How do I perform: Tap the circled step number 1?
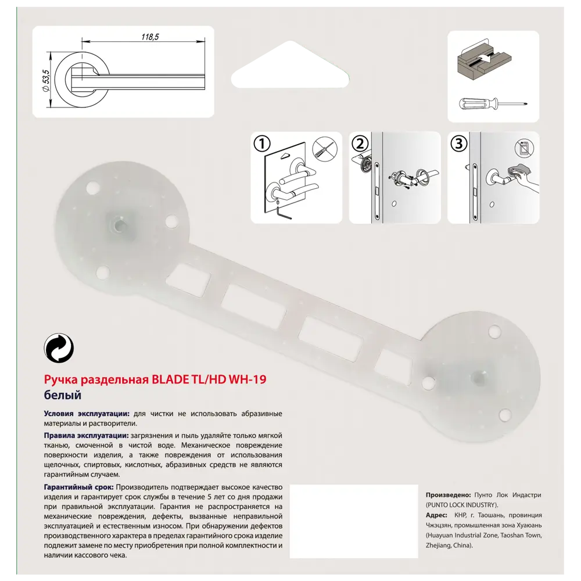point(262,144)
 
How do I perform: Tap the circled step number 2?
point(360,144)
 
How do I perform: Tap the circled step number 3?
point(459,144)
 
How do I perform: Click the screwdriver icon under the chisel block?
point(492,105)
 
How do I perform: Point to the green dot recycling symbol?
point(59,349)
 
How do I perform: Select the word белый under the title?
point(62,395)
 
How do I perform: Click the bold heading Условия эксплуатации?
point(87,414)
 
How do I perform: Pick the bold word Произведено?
point(448,494)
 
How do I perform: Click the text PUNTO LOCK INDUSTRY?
point(462,505)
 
